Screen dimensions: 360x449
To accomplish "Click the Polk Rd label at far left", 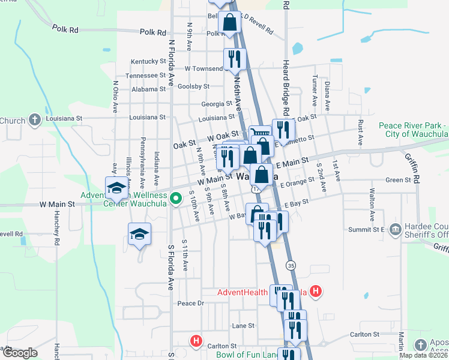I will (x=65, y=29).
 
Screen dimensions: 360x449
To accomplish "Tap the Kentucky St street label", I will (x=148, y=61).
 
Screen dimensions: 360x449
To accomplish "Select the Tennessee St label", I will (x=145, y=76).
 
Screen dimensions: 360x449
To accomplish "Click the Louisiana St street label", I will (x=146, y=118).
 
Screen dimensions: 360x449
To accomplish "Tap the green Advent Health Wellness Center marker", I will (x=176, y=197).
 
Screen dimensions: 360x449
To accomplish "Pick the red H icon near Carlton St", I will (x=196, y=341).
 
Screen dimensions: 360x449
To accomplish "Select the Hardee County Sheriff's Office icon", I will (x=394, y=229).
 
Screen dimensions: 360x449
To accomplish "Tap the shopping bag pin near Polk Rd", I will (x=229, y=23).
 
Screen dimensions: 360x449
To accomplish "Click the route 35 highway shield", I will (x=291, y=265).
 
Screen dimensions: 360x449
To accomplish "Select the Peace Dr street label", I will (x=191, y=304).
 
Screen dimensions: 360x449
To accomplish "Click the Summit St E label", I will (x=370, y=229).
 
